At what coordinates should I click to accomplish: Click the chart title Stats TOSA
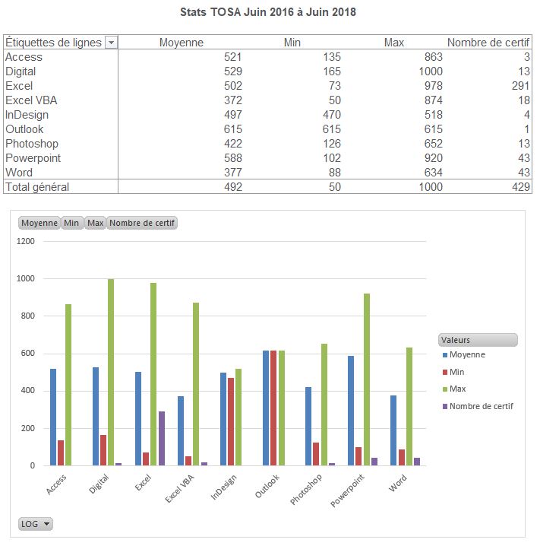pyautogui.click(x=268, y=12)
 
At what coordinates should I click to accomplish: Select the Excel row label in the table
pyautogui.click(x=20, y=86)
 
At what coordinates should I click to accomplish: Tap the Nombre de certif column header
pyautogui.click(x=488, y=43)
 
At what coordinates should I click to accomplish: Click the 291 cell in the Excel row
pyautogui.click(x=520, y=86)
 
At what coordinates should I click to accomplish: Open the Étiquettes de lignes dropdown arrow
pyautogui.click(x=112, y=43)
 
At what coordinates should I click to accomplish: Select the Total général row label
pyautogui.click(x=37, y=187)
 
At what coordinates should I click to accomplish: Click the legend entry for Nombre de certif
pyautogui.click(x=481, y=406)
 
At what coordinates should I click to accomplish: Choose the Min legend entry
pyautogui.click(x=456, y=372)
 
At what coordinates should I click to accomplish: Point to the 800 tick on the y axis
pyautogui.click(x=27, y=316)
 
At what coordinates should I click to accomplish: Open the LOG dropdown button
pyautogui.click(x=36, y=524)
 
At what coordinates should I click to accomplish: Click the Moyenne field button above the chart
pyautogui.click(x=39, y=224)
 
